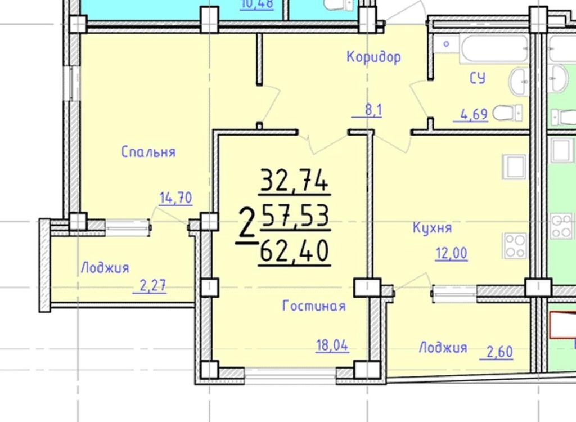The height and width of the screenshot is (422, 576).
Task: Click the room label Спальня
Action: [x=148, y=151]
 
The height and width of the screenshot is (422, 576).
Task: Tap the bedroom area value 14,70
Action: [x=175, y=197]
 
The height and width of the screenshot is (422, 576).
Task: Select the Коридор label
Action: [x=373, y=57]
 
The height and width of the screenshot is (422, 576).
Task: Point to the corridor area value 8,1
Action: [x=373, y=110]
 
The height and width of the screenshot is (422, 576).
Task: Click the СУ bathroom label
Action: [x=478, y=78]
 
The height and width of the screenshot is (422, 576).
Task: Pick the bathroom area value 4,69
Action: [x=474, y=114]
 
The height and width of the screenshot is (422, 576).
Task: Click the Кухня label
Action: [x=433, y=227]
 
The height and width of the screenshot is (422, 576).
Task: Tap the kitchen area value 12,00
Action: [x=452, y=253]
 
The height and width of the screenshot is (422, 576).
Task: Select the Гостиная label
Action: [x=314, y=306]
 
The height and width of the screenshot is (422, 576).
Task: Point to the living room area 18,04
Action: [x=332, y=345]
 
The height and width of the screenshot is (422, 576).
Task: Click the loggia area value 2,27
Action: [x=153, y=286]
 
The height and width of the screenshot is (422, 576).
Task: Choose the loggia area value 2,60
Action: [x=499, y=352]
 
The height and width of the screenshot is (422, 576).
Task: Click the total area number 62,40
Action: [x=294, y=251]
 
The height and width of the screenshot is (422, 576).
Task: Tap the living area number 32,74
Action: [x=294, y=180]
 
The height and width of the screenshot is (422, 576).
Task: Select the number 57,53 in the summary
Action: [x=296, y=216]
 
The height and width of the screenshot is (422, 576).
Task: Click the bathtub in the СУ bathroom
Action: [x=494, y=48]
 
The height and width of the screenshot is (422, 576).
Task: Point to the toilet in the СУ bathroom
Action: [x=507, y=113]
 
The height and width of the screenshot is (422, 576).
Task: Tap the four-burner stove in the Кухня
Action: [x=515, y=246]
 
